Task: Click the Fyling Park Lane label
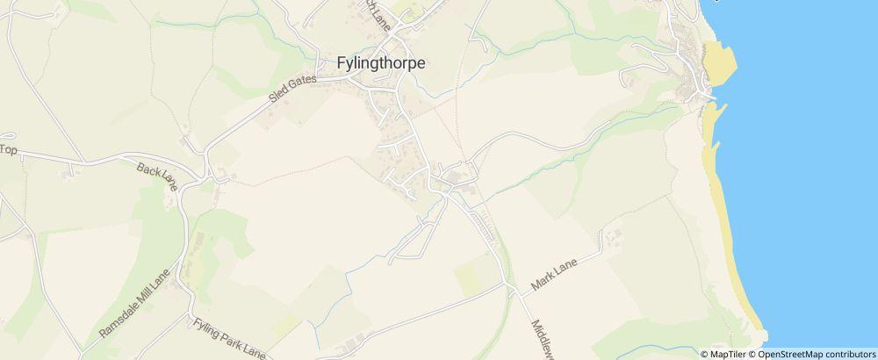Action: pyautogui.click(x=229, y=338)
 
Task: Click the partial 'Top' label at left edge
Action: pyautogui.click(x=8, y=150)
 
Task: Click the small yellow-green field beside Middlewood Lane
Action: pyautogui.click(x=474, y=275)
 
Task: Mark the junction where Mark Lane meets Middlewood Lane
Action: pyautogui.click(x=510, y=286)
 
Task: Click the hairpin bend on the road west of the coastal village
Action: pyautogui.click(x=625, y=80)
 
